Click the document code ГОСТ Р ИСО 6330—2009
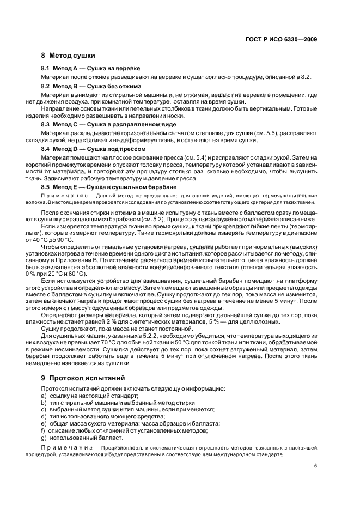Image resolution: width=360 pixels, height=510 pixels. (280, 39)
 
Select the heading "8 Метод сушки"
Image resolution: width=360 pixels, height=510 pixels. (68, 56)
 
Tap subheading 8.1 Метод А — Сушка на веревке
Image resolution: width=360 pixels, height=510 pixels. (91, 69)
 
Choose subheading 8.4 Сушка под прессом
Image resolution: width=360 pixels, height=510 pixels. (90, 148)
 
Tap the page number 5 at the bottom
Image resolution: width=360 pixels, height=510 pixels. (315, 465)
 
